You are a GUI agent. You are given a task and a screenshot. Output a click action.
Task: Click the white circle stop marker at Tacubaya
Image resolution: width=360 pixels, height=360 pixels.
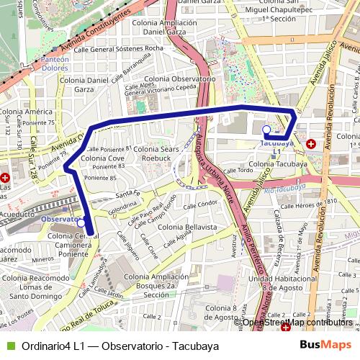click(x=266, y=130)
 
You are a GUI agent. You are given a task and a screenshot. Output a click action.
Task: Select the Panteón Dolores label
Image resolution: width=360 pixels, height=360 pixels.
click(x=55, y=63)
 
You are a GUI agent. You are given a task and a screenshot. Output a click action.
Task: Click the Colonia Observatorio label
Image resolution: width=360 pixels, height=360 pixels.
click(x=180, y=78)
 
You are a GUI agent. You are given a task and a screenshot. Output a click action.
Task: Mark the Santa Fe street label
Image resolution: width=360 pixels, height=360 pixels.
click(x=127, y=194)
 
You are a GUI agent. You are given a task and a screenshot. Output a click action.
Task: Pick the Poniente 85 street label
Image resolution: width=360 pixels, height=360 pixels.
click(x=100, y=177)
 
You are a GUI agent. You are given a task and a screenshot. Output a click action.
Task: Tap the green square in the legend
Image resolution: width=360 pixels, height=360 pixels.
click(x=9, y=346)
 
